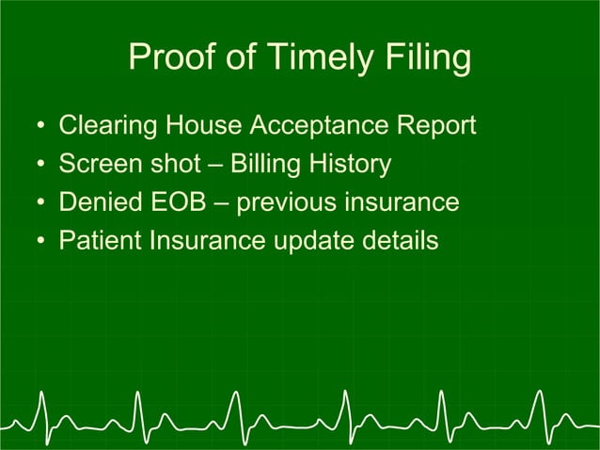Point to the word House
[x=194, y=125]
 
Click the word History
[x=355, y=165]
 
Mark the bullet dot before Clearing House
[x=40, y=126]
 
